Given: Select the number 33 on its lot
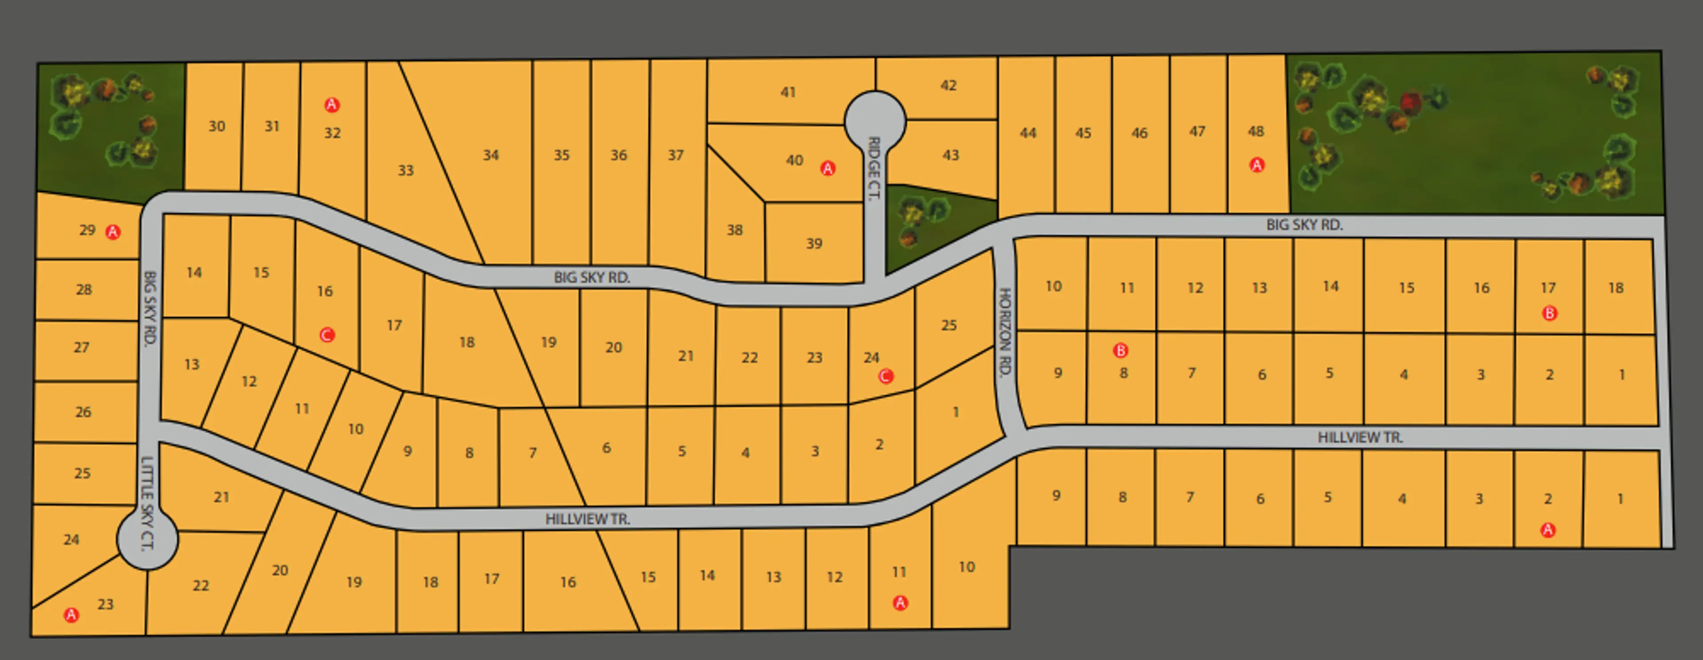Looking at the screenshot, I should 405,171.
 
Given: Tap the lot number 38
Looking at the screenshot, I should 734,230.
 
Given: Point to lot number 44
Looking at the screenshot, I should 1028,133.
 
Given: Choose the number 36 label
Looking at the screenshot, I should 618,155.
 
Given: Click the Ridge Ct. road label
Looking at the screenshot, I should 874,169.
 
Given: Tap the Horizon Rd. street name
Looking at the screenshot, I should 1005,333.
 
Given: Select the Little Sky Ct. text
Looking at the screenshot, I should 147,503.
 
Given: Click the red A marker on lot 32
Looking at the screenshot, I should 332,105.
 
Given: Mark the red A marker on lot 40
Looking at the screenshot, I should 828,169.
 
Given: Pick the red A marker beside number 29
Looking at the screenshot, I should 113,232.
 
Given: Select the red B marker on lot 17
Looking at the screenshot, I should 1549,314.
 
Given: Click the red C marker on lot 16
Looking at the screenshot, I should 326,335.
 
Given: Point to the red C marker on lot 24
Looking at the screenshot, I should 886,376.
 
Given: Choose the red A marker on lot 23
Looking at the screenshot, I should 71,615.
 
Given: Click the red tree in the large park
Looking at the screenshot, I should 1411,102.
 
